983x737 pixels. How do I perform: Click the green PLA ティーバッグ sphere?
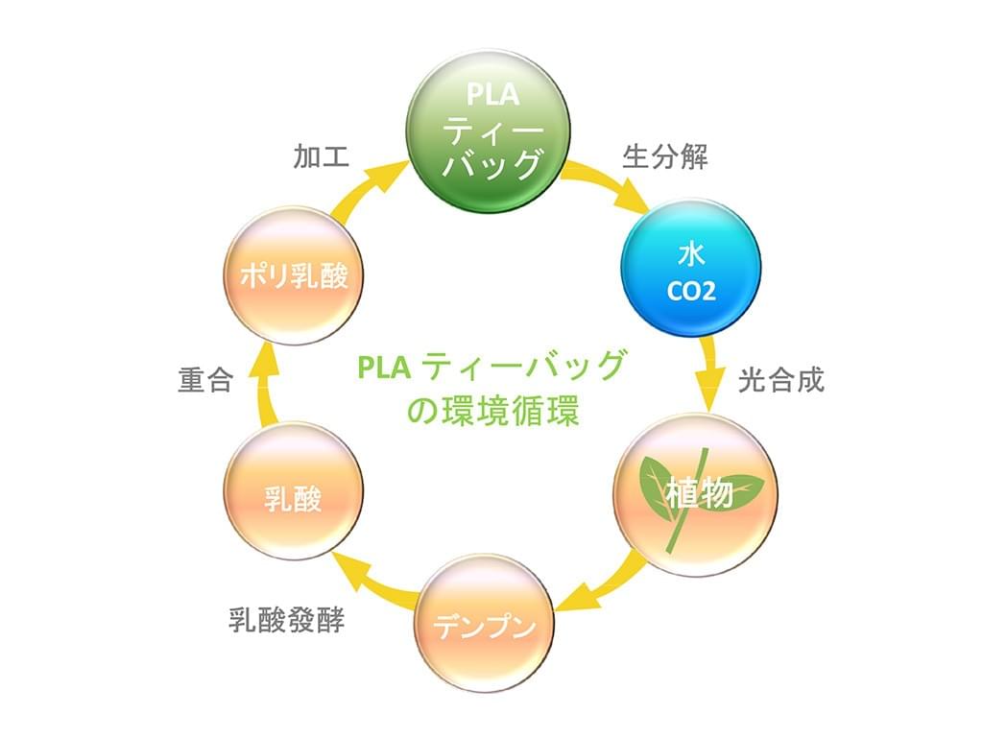coord(491,129)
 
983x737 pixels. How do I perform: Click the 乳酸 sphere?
coord(293,494)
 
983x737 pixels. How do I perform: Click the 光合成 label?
coord(780,380)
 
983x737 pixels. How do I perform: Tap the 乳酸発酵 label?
coord(287,619)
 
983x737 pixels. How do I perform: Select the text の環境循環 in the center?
coord(492,411)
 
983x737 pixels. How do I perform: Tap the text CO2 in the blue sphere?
coord(691,291)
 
